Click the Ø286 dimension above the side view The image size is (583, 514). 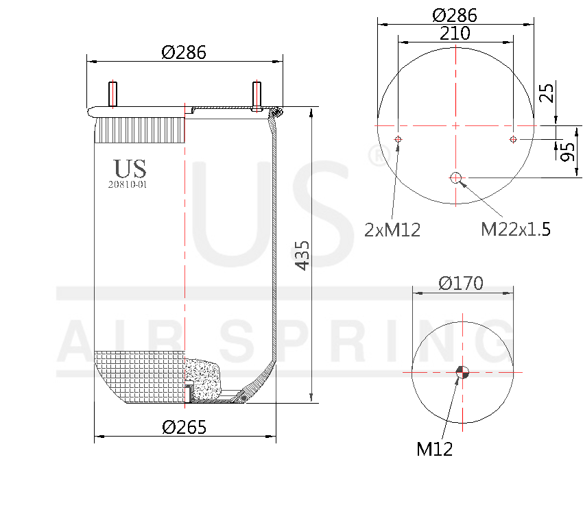click(184, 52)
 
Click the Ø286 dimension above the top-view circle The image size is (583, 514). click(455, 15)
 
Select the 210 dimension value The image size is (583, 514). click(455, 33)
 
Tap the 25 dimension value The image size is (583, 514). click(546, 92)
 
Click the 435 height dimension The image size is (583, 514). click(302, 255)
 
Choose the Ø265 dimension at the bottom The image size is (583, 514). click(184, 427)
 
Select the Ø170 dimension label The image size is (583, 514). click(461, 282)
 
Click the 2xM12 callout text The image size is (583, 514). click(392, 230)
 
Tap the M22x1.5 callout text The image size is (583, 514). click(515, 230)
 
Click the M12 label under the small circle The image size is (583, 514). click(434, 449)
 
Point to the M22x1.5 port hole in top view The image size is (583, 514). click(456, 178)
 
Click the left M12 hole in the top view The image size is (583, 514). click(398, 140)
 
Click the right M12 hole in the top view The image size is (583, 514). click(513, 140)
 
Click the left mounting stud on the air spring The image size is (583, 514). click(113, 95)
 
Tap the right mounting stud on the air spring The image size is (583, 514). click(257, 95)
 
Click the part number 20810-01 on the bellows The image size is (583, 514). click(128, 184)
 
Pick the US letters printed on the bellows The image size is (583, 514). click(130, 169)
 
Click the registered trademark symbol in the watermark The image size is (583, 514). click(377, 155)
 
